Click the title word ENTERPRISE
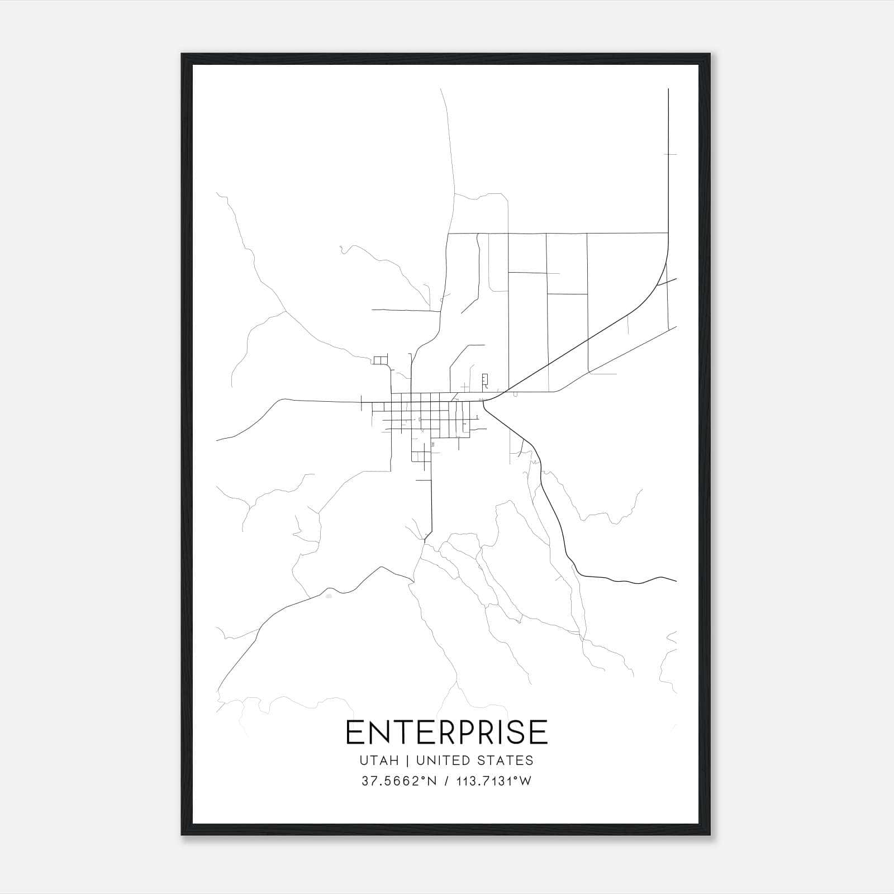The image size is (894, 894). point(446,733)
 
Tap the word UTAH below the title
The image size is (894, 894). point(379,760)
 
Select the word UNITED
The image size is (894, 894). point(446,760)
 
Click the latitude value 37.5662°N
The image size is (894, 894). point(398,781)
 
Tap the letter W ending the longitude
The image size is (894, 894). point(526,781)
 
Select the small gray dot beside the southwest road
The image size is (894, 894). point(329,596)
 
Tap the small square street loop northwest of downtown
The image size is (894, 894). point(381,360)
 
